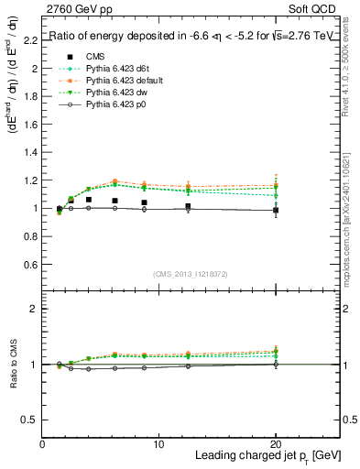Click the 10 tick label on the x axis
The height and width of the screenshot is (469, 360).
(x=159, y=444)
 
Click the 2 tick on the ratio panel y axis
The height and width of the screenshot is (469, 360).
(x=33, y=309)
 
